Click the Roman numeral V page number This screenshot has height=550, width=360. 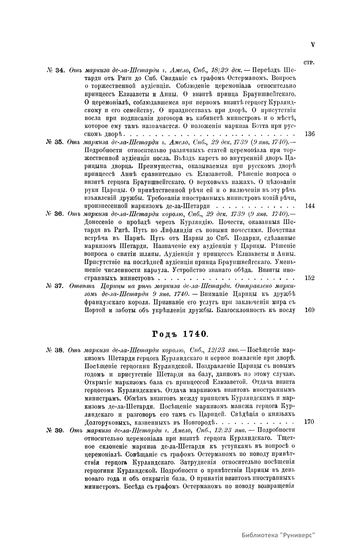(313, 45)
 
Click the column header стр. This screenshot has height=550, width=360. (309, 63)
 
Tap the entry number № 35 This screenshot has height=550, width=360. (55, 142)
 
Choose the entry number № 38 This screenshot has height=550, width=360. (55, 350)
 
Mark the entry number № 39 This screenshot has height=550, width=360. (55, 430)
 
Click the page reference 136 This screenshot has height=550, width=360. (309, 134)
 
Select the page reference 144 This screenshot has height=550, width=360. (309, 206)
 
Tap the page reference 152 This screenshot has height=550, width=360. (309, 278)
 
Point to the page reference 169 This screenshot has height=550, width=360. (309, 310)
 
